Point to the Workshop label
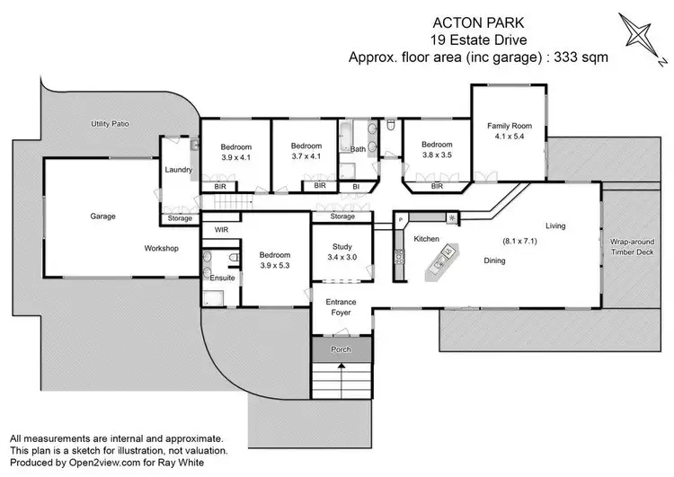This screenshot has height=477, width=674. point(161,248)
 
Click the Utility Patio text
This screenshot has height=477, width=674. point(111,122)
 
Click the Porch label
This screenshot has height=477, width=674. point(341,349)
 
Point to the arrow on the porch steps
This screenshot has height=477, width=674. point(341,376)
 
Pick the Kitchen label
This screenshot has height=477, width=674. point(426,239)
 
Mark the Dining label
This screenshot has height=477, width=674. point(494,261)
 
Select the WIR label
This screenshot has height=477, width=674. point(221,231)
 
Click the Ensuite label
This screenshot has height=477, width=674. point(222,278)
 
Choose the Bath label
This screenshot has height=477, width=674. point(358,149)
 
